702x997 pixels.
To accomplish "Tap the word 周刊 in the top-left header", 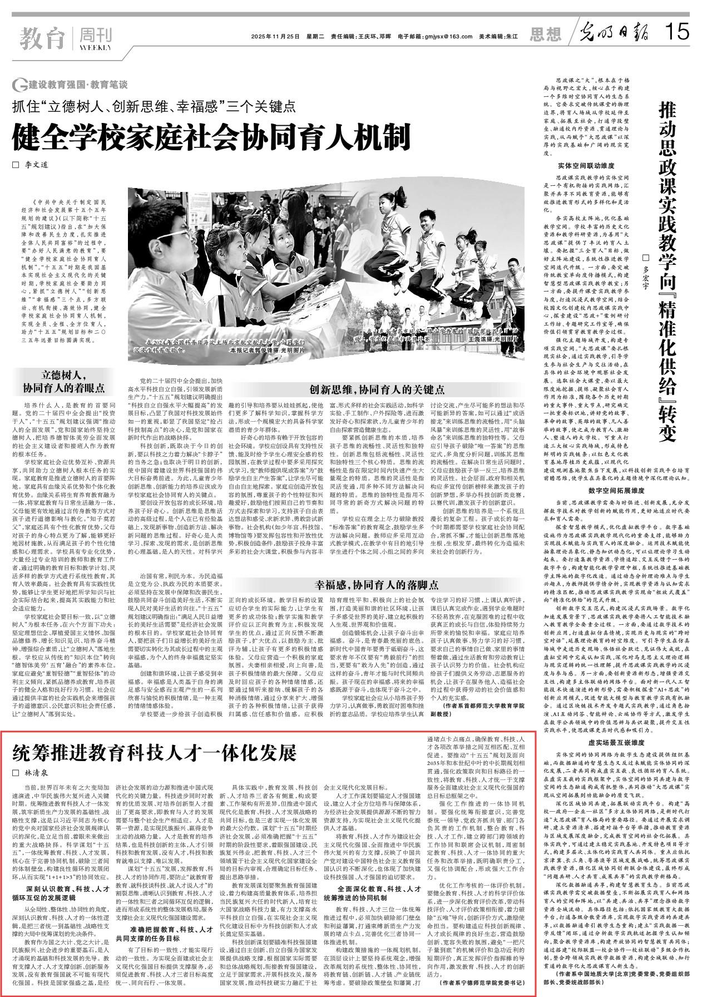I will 95,35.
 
